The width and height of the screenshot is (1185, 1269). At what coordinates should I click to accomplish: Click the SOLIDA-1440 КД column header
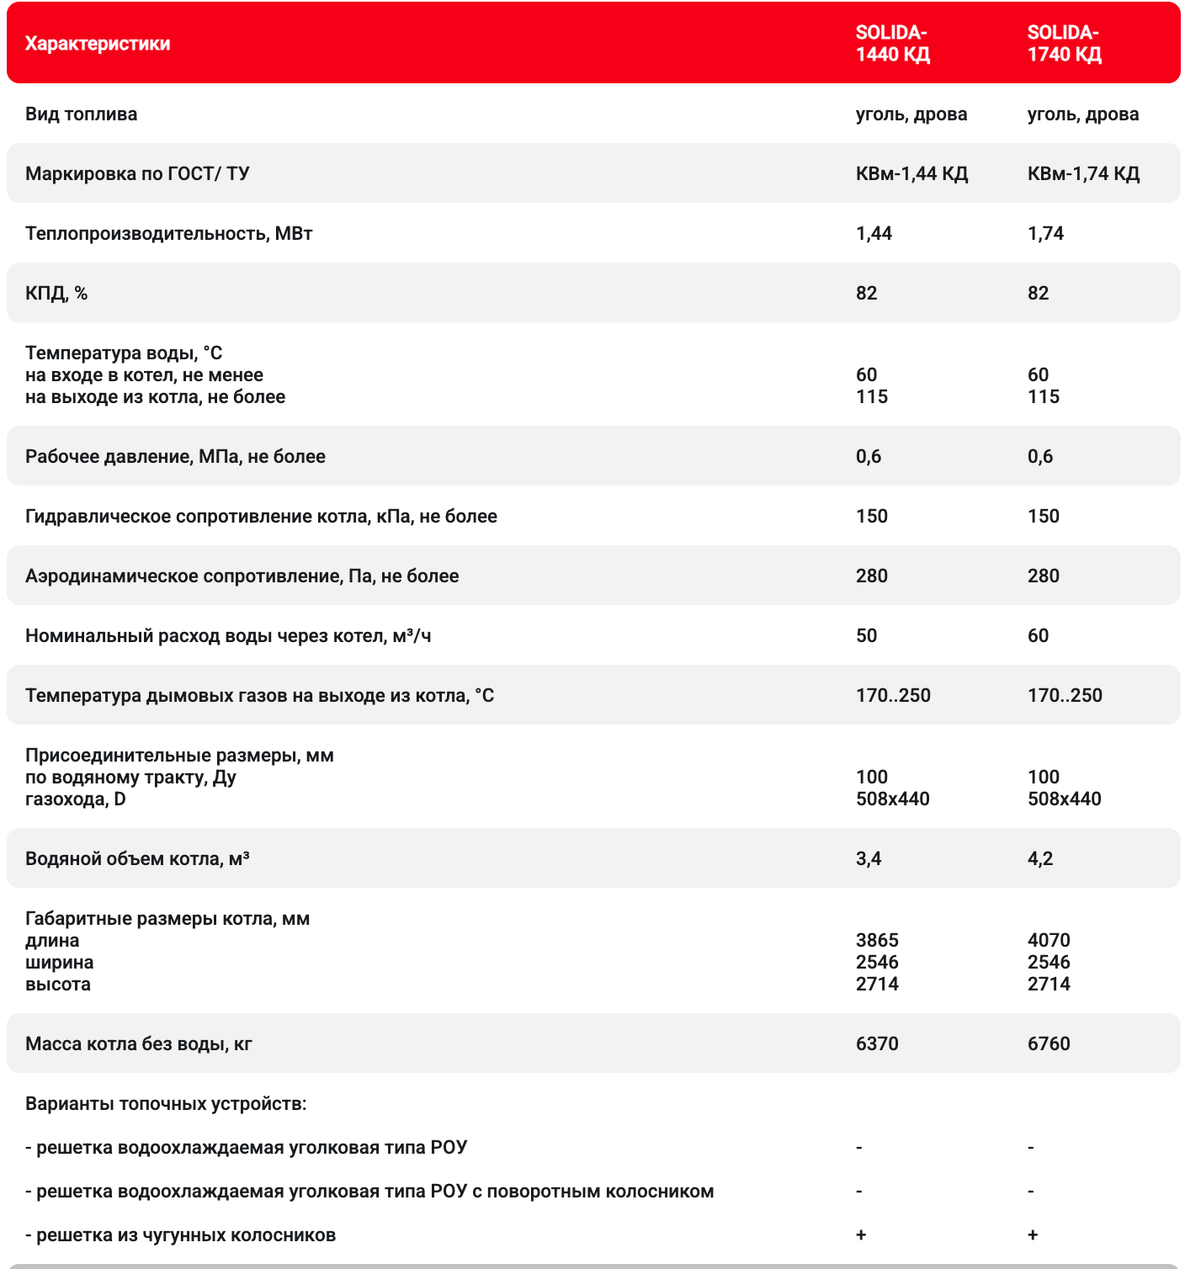892,44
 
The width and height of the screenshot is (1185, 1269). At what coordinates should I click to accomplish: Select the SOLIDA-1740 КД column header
1064,44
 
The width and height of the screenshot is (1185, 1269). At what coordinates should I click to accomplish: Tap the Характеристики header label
98,44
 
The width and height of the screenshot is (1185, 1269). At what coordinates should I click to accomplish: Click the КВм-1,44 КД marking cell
911,174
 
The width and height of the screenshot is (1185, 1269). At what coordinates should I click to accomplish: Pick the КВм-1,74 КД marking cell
1083,174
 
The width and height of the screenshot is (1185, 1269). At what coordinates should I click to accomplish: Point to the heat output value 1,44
874,234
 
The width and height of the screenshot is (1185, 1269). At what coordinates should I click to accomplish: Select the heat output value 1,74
1045,234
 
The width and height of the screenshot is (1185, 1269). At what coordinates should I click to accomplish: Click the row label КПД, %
56,294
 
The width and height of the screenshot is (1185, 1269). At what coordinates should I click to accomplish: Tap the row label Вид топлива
81,114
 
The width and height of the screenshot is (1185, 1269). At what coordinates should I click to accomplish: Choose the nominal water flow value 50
866,636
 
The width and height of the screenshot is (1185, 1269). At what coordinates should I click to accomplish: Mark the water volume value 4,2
1040,859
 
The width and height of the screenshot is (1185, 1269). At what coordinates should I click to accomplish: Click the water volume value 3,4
869,859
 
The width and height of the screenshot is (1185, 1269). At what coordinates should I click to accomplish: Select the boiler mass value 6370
877,1044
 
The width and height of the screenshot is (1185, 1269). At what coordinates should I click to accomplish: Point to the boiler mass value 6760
1049,1044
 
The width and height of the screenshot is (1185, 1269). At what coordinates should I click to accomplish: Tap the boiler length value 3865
877,941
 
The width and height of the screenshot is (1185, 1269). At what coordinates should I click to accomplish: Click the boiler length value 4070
1049,941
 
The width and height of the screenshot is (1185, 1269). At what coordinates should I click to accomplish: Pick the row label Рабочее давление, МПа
175,457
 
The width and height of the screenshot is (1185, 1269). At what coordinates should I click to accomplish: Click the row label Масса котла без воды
139,1044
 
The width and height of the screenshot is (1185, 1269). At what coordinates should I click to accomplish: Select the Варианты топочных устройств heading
166,1104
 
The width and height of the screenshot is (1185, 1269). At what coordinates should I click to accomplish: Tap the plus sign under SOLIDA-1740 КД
1033,1235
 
